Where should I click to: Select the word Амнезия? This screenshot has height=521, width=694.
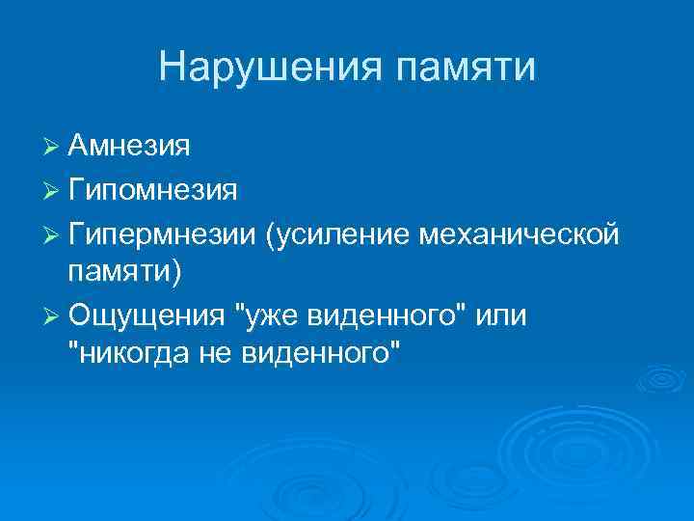point(128,148)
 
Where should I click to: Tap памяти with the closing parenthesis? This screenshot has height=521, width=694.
point(123,273)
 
